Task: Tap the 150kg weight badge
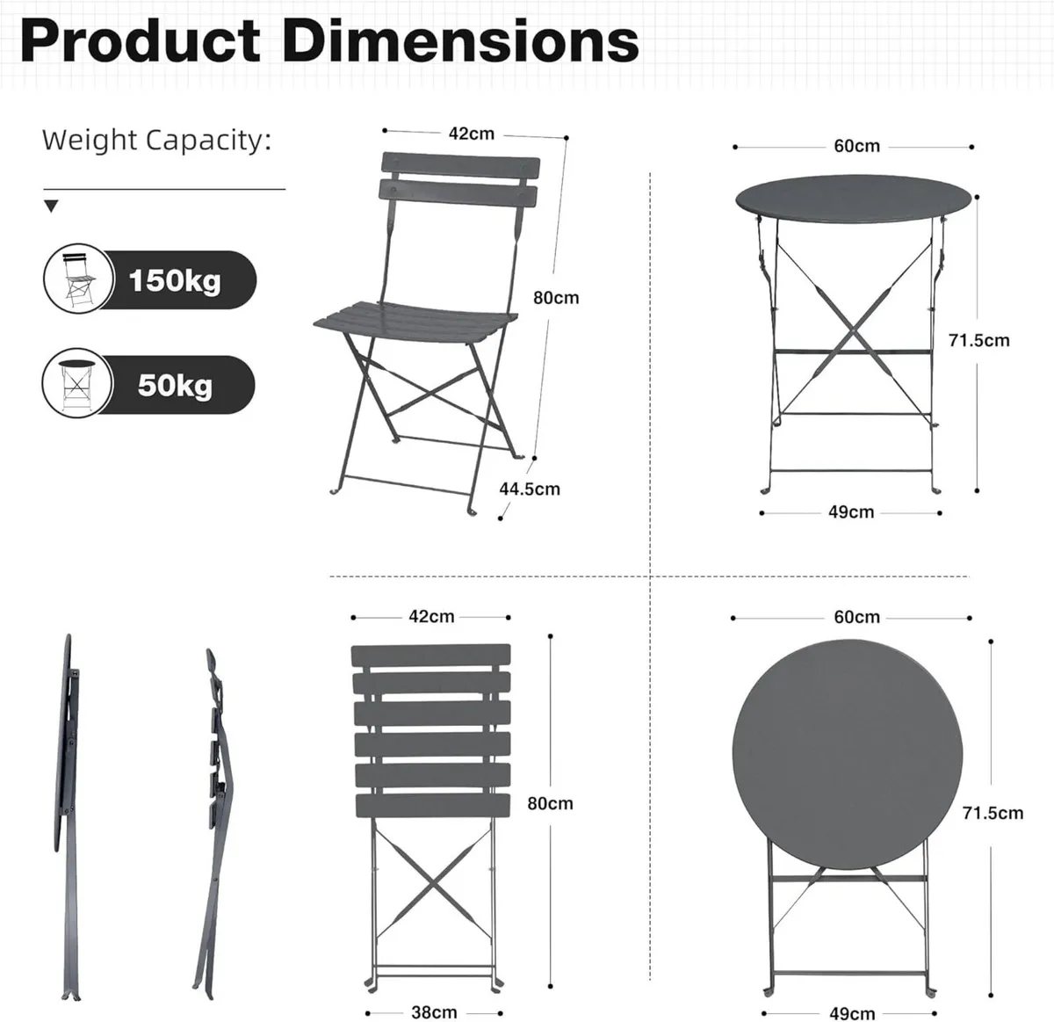coord(175,280)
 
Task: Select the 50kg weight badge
coord(175,385)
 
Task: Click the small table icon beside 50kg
coord(77,384)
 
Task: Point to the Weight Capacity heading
coord(156,140)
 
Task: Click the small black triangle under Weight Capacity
coord(51,207)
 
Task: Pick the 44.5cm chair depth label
coord(530,489)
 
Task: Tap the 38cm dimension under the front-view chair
coord(434,1012)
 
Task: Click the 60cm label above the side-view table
coord(856,146)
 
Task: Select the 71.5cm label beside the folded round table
coord(993,813)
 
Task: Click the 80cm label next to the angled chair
coord(556,298)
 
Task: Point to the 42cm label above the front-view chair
coord(431,617)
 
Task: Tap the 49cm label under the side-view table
coord(850,511)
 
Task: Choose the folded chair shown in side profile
coord(215,791)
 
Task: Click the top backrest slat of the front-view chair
coord(430,656)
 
